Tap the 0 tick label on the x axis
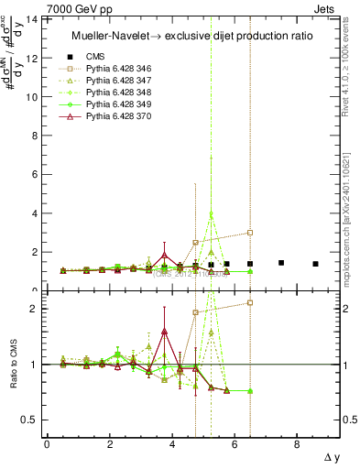(47, 443)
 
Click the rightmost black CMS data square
(315, 264)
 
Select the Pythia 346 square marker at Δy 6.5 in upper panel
(250, 233)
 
